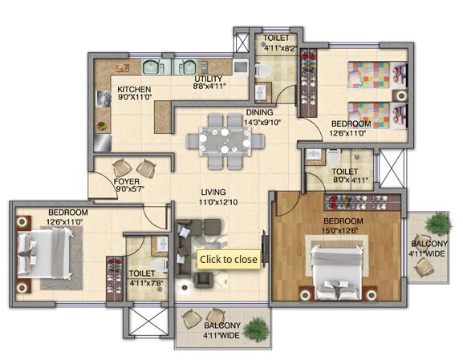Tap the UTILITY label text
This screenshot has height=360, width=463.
[x=208, y=79]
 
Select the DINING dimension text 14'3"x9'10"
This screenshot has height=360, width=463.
[x=262, y=122]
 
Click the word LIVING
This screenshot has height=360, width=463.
[x=213, y=192]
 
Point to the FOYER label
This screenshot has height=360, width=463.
[x=126, y=181]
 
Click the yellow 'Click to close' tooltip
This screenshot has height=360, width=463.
[x=229, y=260]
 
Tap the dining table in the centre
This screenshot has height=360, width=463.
[x=225, y=141]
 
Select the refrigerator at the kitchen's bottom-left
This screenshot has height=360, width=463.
[x=103, y=143]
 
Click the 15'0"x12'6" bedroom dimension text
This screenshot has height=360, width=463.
[x=340, y=230]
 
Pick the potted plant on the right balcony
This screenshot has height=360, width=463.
[x=438, y=224]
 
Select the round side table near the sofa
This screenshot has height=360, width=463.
[x=185, y=287]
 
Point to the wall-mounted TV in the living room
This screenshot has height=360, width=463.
[x=265, y=247]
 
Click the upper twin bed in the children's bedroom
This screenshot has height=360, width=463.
[x=378, y=75]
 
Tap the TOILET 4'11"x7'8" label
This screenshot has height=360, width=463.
[x=145, y=278]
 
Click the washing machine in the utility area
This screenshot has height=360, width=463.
[x=241, y=67]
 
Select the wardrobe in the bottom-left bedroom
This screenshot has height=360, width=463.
[x=114, y=279]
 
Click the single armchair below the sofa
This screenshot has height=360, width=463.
[x=203, y=280]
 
